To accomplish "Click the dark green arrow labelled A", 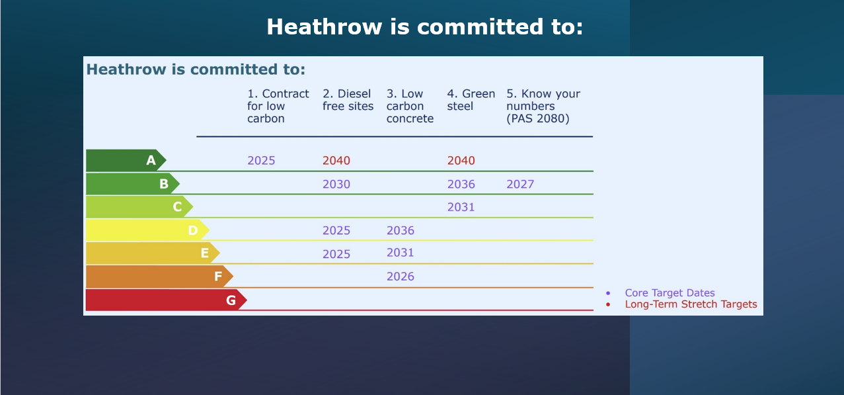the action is pos(126,160).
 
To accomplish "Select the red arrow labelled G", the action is pos(166,300).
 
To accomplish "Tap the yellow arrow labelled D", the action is pos(147,230).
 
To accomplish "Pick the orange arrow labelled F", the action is pos(159,277).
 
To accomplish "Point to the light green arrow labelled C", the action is pos(139,206).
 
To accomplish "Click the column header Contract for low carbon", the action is pos(278,106).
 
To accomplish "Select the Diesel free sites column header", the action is pos(348,100).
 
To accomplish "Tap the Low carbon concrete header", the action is pos(410,106).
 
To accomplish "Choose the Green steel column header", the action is pos(471,100).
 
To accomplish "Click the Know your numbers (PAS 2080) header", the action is pos(543,106).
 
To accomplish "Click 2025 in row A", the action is pos(261,161).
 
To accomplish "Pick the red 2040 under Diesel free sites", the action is pos(336,161).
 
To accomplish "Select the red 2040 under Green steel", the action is pos(461,161).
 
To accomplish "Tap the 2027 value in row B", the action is pos(520,184).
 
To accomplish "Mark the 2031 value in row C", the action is pos(461,207).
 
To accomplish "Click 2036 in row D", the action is pos(400,230).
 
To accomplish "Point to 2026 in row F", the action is pos(400,277).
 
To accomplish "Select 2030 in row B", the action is pos(336,184).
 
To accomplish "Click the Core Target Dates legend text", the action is pos(670,292).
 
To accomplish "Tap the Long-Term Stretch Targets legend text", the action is pos(691,304).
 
